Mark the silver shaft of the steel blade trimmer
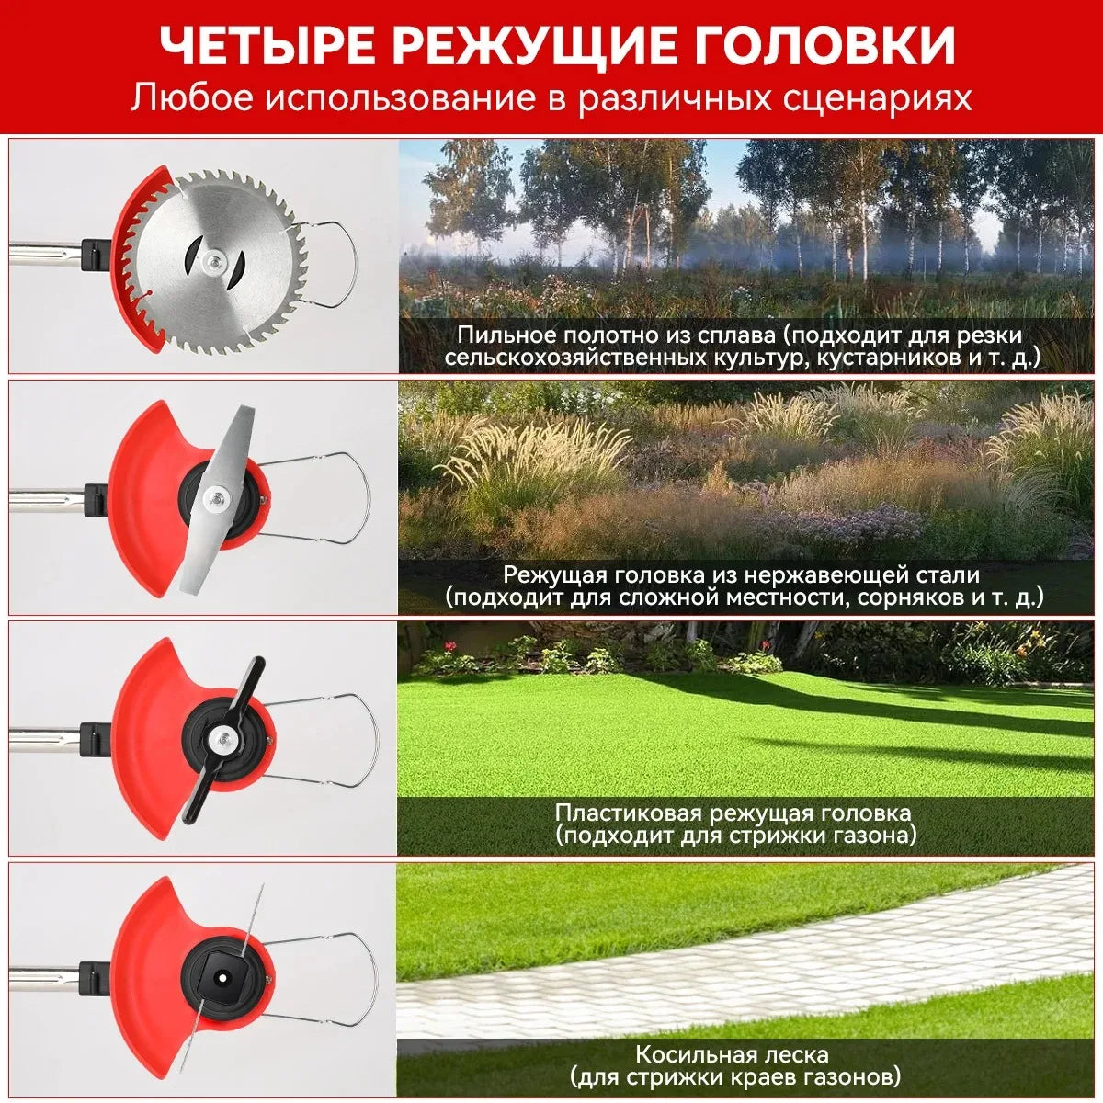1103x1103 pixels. [46, 499]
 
